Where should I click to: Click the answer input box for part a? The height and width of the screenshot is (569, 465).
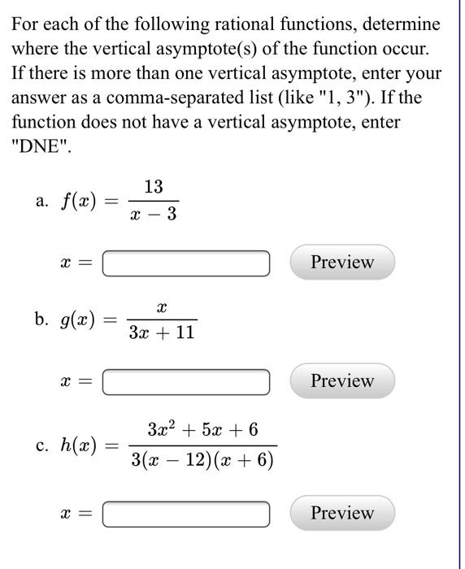[x=185, y=263]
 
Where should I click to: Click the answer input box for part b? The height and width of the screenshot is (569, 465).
[x=185, y=381]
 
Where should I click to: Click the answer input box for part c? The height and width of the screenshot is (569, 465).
[x=185, y=514]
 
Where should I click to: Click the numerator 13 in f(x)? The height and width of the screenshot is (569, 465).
[x=153, y=187]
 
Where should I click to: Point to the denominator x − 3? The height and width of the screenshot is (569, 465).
[x=153, y=215]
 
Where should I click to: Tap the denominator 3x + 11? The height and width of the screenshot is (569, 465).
[x=161, y=332]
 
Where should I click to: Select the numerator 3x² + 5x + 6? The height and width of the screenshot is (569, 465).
[x=203, y=428]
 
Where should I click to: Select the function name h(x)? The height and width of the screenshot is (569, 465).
[x=80, y=445]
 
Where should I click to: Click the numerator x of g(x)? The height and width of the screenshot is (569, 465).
[x=161, y=307]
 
